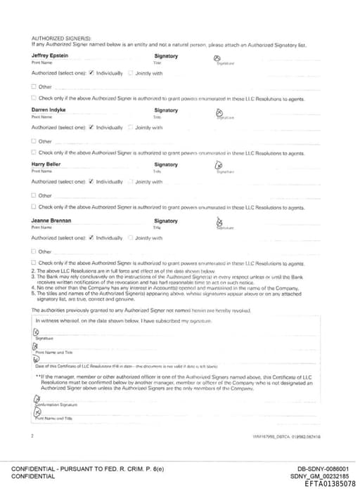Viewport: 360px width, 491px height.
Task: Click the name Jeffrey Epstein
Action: (50, 56)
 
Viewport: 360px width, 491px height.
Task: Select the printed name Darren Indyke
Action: (49, 110)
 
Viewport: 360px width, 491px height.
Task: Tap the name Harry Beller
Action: (46, 164)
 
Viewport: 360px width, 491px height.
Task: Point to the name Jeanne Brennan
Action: (51, 218)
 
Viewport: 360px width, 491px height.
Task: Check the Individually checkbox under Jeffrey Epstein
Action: (92, 73)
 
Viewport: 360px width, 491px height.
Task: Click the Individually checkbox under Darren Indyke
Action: (92, 127)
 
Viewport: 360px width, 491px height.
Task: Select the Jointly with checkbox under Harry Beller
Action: (131, 181)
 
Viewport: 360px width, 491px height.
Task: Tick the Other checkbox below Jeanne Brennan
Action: (34, 251)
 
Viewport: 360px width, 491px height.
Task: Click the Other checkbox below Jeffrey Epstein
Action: (34, 86)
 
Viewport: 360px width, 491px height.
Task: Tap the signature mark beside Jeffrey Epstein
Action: (217, 59)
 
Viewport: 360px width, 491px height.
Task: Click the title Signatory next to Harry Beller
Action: (166, 164)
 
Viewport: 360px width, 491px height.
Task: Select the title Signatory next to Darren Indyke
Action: (166, 110)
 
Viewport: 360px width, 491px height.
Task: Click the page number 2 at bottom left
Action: (33, 436)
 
